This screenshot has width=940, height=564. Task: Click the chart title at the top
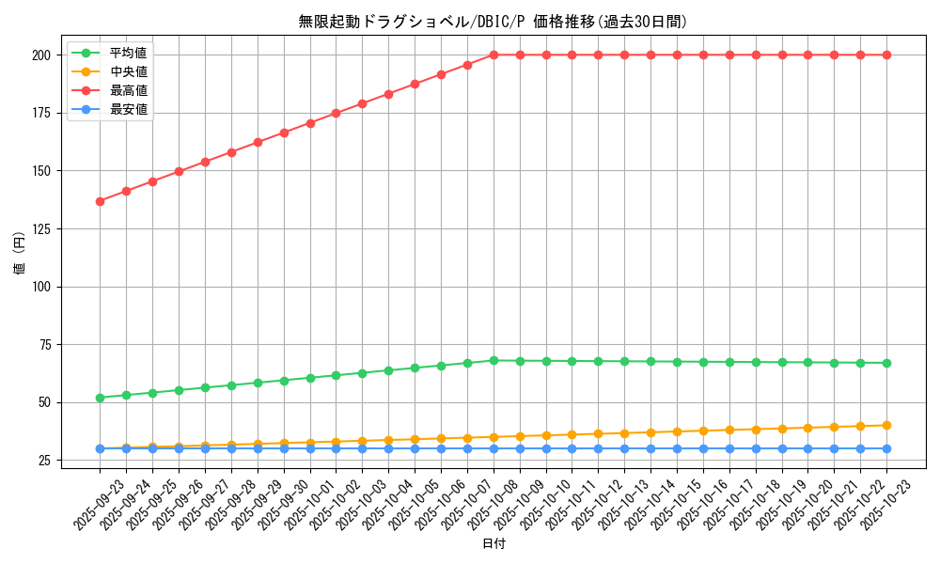493,22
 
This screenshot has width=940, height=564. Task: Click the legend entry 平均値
129,53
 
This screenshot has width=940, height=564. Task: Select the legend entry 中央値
129,71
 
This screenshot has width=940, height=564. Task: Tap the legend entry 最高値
129,90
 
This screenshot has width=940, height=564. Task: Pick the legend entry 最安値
129,109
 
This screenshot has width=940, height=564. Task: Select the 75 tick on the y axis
44,344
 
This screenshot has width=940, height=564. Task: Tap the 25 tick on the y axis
44,461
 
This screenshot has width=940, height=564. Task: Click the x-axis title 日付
493,544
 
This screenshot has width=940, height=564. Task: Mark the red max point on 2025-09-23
100,201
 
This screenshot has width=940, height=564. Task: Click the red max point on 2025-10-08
493,55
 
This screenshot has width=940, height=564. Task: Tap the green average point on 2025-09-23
100,398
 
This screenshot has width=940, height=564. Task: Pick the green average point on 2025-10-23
886,363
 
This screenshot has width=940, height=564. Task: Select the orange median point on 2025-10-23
886,425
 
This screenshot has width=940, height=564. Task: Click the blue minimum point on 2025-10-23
886,448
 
